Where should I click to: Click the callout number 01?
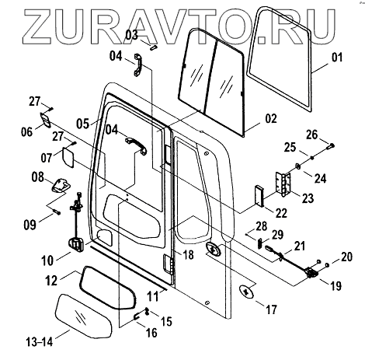[x=337, y=58]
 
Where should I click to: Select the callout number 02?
[x=271, y=118]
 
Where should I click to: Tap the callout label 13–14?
[x=40, y=342]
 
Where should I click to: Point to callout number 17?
[x=271, y=309]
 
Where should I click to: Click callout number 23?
[x=308, y=198]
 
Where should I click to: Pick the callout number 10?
[x=47, y=260]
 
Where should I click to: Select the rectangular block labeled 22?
[x=259, y=196]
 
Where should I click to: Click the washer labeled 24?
[x=297, y=166]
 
